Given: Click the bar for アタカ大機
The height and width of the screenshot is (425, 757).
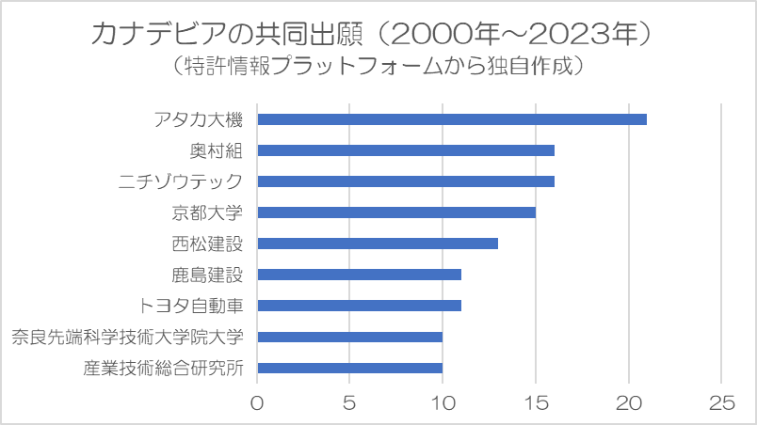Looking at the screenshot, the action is click(x=452, y=119).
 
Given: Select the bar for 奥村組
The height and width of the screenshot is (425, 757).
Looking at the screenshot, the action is click(x=406, y=150).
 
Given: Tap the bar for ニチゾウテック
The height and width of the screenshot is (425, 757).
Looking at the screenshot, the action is click(x=406, y=181).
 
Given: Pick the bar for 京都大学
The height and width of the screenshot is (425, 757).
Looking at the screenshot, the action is click(x=396, y=212).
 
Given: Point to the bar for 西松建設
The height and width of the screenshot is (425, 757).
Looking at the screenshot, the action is click(x=378, y=244).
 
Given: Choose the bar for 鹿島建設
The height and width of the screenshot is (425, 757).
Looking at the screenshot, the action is click(x=359, y=275).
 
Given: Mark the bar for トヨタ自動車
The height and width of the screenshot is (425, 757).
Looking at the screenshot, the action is click(x=359, y=306).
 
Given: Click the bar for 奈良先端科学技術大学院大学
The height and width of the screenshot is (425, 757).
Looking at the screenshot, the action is click(x=350, y=337).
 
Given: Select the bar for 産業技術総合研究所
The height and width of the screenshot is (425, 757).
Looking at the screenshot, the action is click(x=350, y=369).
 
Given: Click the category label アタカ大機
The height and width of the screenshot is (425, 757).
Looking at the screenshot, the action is click(x=199, y=119).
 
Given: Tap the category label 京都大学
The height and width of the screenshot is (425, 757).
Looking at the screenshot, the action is click(x=207, y=212).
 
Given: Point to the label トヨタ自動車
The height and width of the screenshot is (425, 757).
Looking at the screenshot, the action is click(x=191, y=306).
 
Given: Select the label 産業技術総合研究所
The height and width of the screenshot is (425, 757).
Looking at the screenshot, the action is click(x=163, y=369).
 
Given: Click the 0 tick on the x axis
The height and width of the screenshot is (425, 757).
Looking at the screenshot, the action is click(x=257, y=403).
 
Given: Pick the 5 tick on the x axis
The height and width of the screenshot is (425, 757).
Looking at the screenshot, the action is click(x=349, y=403).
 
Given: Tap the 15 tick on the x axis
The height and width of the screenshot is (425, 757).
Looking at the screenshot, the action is click(x=536, y=403).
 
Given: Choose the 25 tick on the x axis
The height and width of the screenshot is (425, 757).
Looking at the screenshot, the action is click(x=722, y=403).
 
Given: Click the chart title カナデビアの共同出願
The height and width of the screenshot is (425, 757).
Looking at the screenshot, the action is click(x=226, y=34).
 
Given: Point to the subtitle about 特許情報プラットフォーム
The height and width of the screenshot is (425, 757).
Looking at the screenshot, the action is click(x=378, y=66).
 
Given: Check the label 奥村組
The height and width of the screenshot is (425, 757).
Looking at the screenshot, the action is click(x=217, y=150).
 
